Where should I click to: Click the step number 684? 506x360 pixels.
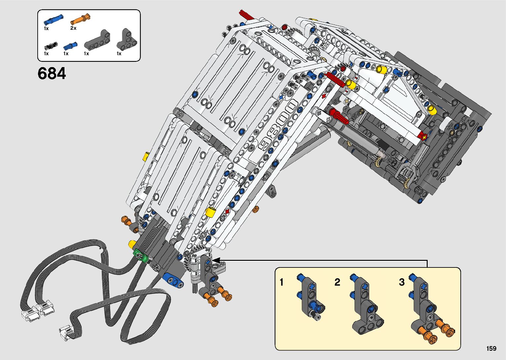(52, 73)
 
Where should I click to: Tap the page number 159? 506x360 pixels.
(491, 348)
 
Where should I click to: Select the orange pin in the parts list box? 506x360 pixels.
(80, 19)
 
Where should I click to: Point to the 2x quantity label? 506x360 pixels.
(73, 28)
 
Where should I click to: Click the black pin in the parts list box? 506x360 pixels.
(51, 46)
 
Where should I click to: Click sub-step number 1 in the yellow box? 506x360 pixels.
(282, 282)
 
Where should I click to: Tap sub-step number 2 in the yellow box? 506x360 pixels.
(337, 282)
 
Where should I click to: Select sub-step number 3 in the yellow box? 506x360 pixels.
(402, 282)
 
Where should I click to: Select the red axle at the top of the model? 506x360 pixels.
(247, 15)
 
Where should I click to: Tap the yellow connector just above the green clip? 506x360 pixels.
(132, 245)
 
